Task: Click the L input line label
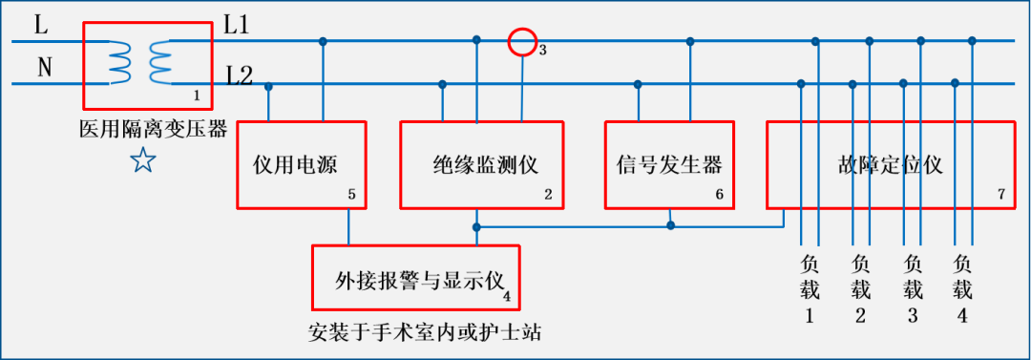pyautogui.click(x=41, y=25)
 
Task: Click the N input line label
pyautogui.click(x=44, y=67)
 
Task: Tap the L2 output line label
pyautogui.click(x=239, y=74)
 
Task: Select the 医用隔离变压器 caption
pyautogui.click(x=154, y=129)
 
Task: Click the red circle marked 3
pyautogui.click(x=522, y=42)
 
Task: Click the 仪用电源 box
pyautogui.click(x=301, y=164)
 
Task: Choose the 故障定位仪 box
pyautogui.click(x=889, y=164)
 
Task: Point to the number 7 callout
pyautogui.click(x=1000, y=194)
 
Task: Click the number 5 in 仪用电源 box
pyautogui.click(x=352, y=195)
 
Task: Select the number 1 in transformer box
pyautogui.click(x=197, y=95)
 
